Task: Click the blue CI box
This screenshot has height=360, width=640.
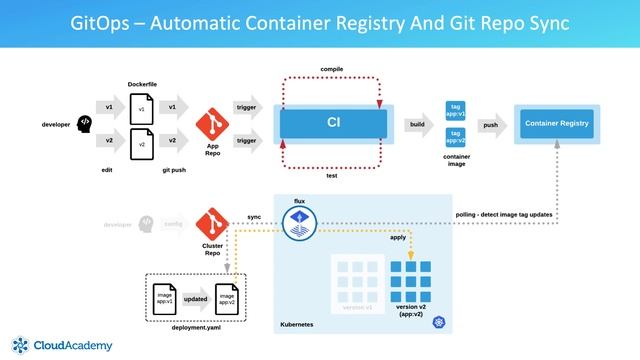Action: pos(333,123)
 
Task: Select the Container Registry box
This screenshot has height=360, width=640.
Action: pos(556,124)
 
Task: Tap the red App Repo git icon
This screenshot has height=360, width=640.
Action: pos(212,123)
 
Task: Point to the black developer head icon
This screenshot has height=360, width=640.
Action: pos(84,123)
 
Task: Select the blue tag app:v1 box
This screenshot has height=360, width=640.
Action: pos(454,110)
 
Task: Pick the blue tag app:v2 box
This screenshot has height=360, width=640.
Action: pos(454,136)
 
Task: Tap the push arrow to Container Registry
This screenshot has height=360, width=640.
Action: pos(490,125)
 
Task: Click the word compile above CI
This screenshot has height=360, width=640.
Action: pos(333,69)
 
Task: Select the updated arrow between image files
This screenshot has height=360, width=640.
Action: pos(195,299)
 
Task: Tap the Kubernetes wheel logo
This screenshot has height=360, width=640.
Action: pos(437,322)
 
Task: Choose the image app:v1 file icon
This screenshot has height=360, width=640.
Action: pos(165,297)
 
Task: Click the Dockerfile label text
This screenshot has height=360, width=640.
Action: pos(144,84)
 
